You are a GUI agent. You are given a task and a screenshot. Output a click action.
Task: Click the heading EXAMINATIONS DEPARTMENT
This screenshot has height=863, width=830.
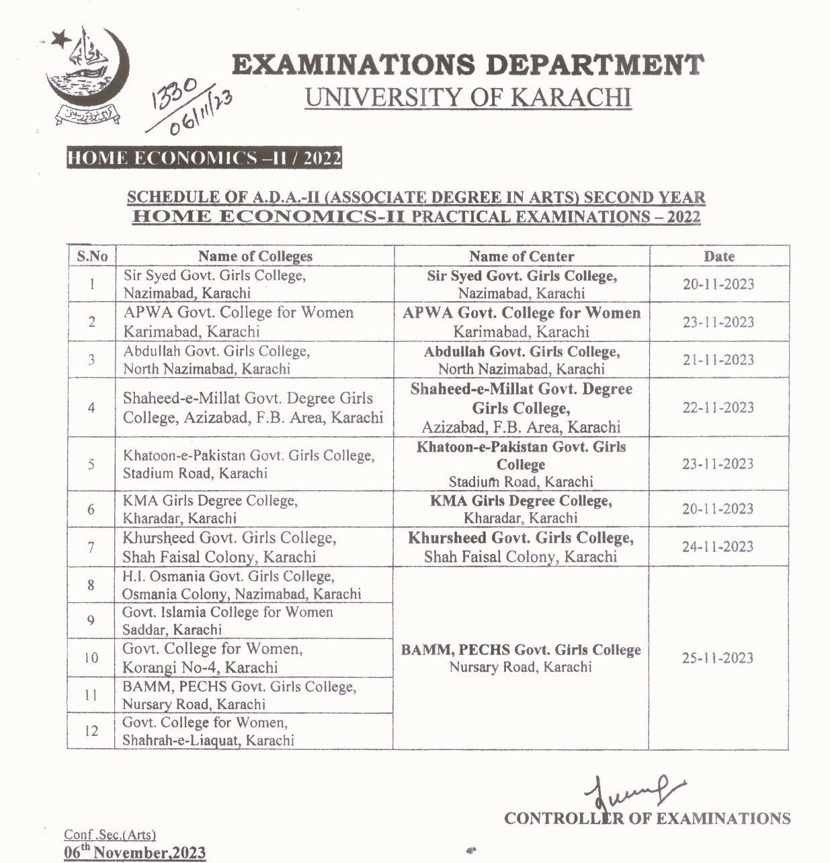(468, 66)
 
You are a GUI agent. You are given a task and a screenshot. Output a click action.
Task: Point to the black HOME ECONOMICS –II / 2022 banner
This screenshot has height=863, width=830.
(204, 159)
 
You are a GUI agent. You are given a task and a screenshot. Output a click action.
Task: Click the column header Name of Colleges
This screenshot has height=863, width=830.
(255, 256)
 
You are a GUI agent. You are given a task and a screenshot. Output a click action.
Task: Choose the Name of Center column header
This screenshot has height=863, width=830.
(522, 256)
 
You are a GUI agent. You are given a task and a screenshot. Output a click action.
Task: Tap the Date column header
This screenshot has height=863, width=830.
(718, 256)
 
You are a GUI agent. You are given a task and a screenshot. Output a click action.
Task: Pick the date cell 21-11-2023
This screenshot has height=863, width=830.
(718, 360)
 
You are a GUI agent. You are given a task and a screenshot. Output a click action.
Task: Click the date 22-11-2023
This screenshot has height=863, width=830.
(718, 407)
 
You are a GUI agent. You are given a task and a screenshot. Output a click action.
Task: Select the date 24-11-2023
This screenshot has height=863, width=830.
(718, 546)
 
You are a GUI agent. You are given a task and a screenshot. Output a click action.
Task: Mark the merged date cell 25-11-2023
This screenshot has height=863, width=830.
(718, 658)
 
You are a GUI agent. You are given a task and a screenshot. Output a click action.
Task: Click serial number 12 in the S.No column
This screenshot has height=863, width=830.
(91, 731)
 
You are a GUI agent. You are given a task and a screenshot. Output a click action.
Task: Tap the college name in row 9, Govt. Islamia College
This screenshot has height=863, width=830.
(227, 620)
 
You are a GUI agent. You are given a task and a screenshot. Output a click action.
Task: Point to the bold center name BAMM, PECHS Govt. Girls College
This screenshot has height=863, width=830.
(521, 650)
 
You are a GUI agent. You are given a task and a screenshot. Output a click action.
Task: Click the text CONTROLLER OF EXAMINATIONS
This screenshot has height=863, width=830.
(647, 819)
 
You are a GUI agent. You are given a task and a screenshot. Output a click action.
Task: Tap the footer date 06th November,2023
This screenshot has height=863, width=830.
(134, 852)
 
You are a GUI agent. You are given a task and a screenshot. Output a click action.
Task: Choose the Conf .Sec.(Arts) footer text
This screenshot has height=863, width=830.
(110, 835)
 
